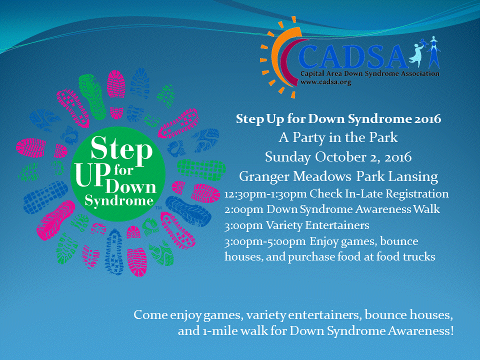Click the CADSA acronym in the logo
coord(353,56)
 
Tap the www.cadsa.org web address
coord(325,82)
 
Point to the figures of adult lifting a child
coord(425,52)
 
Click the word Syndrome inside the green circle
coord(119,201)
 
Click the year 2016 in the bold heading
coord(427,119)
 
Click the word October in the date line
coord(340,156)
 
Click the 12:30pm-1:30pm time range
coord(265,194)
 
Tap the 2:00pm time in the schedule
coord(243,210)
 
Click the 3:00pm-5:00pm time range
coord(265,242)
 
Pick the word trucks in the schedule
coord(419,257)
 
